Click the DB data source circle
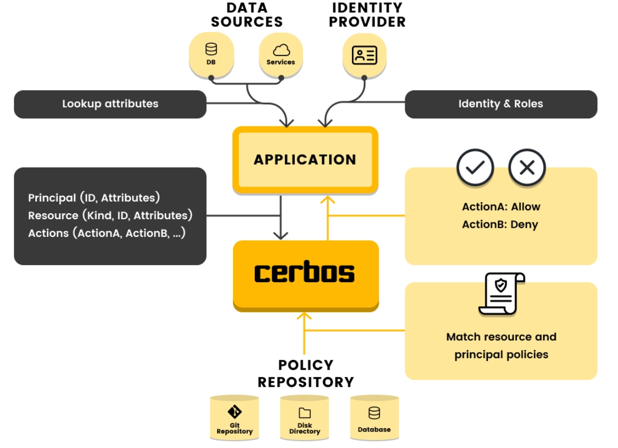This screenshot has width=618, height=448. point(211,55)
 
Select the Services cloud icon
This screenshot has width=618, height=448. point(282,50)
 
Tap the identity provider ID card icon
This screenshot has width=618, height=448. point(365,55)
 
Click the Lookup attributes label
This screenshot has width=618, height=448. point(110,104)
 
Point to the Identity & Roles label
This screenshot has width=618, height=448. point(501,104)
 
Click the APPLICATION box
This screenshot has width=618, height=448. point(306,160)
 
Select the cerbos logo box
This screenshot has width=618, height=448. point(306,276)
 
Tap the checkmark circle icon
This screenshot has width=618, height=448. point(475,167)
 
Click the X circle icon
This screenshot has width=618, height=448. point(527,167)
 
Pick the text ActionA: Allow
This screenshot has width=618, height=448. point(501,206)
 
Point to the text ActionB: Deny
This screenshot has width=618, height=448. point(500,225)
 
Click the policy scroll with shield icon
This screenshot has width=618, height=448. point(501,294)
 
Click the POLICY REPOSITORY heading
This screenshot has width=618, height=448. point(306,373)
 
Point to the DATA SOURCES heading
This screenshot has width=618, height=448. point(247,15)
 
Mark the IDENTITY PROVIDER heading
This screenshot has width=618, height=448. point(367,15)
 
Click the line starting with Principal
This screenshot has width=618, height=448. point(94,197)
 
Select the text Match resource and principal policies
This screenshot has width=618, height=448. point(501,346)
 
